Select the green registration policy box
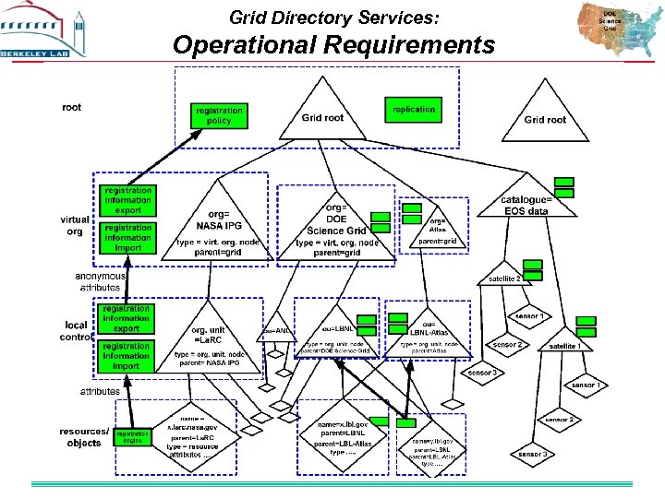219,115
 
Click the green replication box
413,110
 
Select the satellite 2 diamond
505,277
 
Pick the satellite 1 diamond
565,345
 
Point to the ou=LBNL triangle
338,334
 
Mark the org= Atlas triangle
438,228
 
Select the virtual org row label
75,226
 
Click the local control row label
76,330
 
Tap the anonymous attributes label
100,281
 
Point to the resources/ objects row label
84,437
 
